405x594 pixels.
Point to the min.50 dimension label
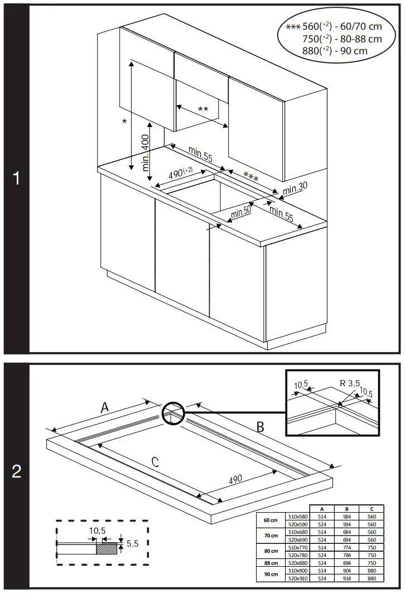tap(241, 212)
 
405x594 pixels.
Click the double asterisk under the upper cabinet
tap(203, 109)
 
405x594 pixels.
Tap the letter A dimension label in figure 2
tap(104, 408)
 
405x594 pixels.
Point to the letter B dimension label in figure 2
tap(259, 427)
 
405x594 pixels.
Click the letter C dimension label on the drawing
tap(155, 461)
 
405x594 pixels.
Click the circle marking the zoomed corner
tap(173, 415)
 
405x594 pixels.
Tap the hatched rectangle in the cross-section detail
tap(107, 548)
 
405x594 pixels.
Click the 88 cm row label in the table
tap(271, 563)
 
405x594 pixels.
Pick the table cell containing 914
tap(346, 579)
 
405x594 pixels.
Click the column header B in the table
tap(346, 509)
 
